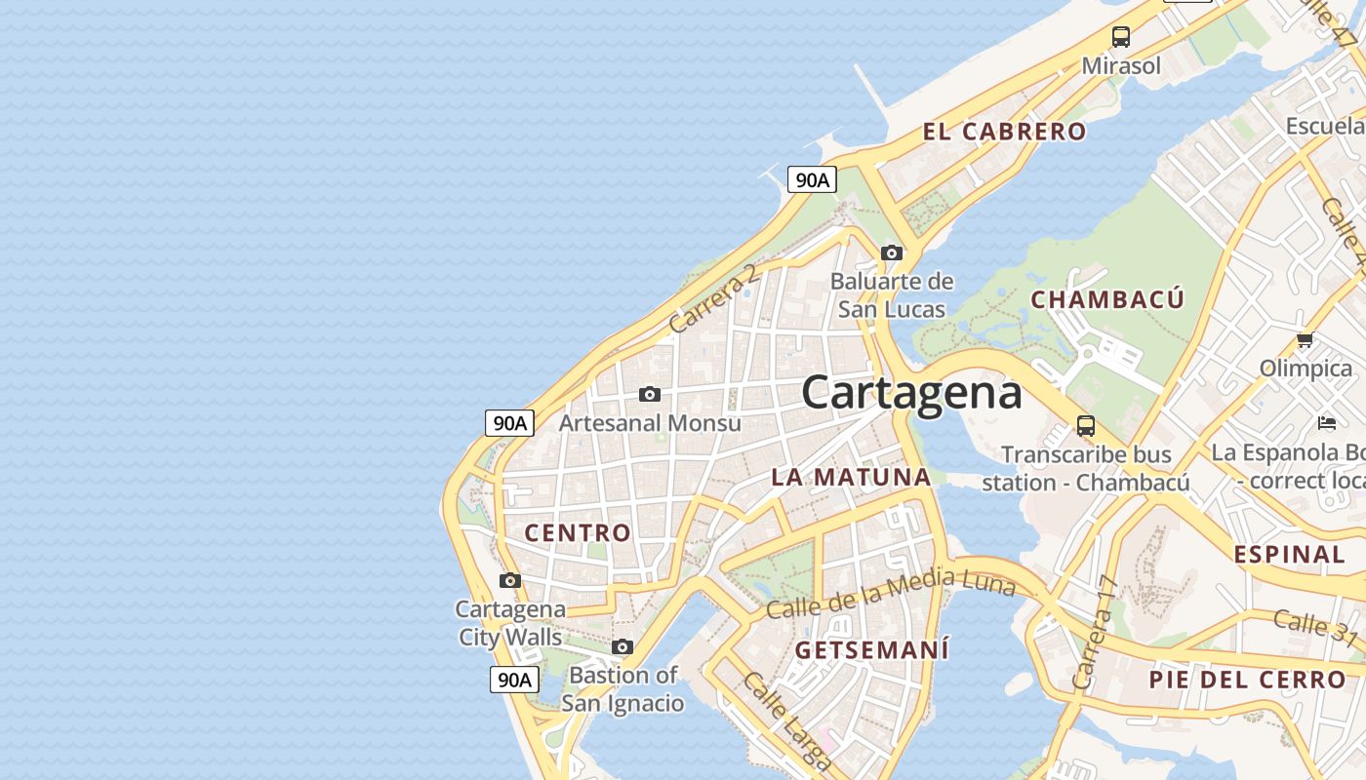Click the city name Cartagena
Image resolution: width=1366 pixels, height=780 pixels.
(x=911, y=392)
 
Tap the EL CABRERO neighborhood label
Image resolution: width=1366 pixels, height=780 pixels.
(x=1004, y=132)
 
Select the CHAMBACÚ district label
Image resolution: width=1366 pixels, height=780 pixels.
(x=1107, y=299)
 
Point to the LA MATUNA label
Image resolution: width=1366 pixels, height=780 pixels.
(x=851, y=477)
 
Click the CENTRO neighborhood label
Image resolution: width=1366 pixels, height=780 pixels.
(x=578, y=532)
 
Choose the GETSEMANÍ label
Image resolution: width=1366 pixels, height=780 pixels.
(x=871, y=649)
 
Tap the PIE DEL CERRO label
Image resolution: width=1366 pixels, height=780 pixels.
(x=1247, y=680)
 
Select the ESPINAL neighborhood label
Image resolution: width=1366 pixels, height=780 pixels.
(x=1289, y=554)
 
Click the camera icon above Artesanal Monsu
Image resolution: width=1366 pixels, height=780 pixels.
(x=650, y=395)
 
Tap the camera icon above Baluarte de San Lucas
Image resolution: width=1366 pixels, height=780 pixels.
(x=891, y=253)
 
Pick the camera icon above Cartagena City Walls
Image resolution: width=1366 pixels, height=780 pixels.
(x=509, y=581)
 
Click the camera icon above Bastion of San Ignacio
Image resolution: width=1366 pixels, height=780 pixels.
(x=623, y=646)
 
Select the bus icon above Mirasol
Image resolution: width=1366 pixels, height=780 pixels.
(x=1121, y=37)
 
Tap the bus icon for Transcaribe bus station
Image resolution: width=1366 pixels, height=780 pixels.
(x=1085, y=425)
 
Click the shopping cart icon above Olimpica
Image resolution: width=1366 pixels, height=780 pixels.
(x=1305, y=340)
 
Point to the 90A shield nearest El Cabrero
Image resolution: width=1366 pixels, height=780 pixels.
(x=812, y=179)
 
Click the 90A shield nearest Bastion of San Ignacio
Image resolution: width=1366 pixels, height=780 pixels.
(x=513, y=680)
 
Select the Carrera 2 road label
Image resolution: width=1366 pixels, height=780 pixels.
(x=713, y=297)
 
